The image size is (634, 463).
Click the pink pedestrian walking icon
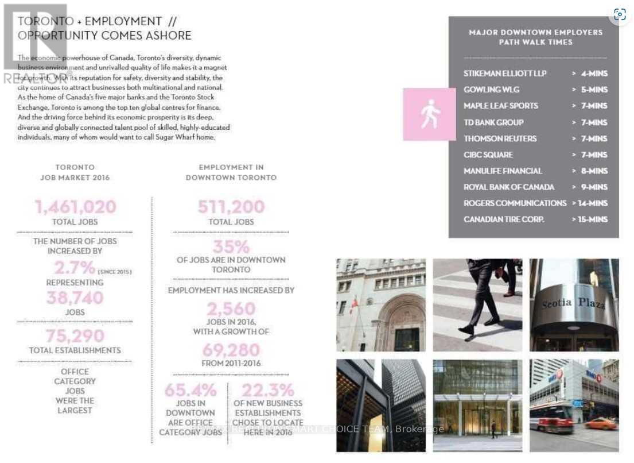tap(430, 114)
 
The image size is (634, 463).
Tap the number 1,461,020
tap(75, 207)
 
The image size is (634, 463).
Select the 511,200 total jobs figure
tap(231, 207)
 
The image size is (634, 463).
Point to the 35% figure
tap(231, 247)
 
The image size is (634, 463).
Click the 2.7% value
tap(75, 268)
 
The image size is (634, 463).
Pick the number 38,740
tap(75, 298)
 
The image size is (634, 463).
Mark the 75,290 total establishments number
tap(75, 336)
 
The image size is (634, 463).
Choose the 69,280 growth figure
tap(231, 350)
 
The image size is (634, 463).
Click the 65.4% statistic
tap(190, 391)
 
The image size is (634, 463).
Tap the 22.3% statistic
tap(268, 391)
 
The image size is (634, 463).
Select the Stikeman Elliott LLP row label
tap(505, 74)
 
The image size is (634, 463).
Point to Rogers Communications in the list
tap(515, 203)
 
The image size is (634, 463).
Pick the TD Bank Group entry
tap(493, 122)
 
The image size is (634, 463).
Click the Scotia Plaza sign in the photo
tap(573, 303)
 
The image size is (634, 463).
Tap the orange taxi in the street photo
tap(601, 425)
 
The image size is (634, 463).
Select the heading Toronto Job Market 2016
tap(75, 172)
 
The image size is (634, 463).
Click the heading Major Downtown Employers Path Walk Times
tap(535, 37)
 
